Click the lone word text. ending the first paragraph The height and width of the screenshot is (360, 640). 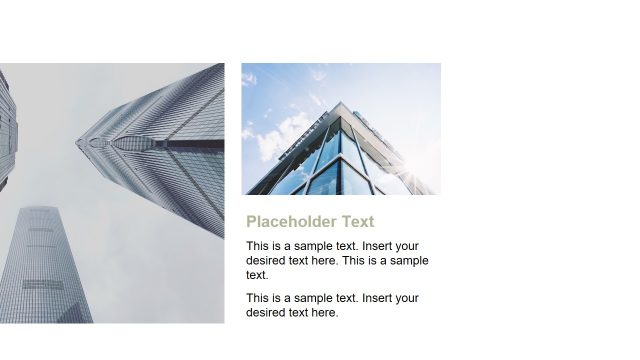257,274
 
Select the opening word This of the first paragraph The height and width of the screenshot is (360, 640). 258,246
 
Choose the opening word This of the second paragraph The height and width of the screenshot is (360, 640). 258,298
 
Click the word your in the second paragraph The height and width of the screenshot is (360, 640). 408,298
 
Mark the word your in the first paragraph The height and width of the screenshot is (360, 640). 408,246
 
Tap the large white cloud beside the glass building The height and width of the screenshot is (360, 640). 284,135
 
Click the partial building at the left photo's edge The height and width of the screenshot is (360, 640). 7,130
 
